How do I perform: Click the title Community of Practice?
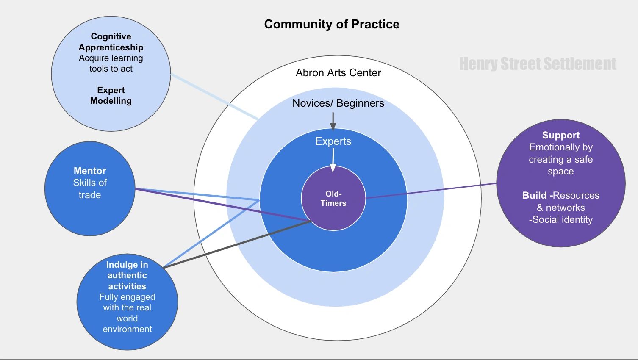tap(332, 25)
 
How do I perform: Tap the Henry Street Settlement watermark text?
tap(538, 64)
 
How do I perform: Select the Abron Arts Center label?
tap(338, 73)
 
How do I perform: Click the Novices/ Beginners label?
tap(338, 103)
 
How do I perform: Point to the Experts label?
tap(333, 141)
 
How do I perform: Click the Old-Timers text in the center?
tap(333, 199)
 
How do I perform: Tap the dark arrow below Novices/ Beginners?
tap(333, 122)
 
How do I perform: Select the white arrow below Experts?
tap(333, 161)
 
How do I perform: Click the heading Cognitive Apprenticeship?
tap(111, 42)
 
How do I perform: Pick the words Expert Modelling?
tap(111, 95)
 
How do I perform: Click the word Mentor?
tap(90, 171)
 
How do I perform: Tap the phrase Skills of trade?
tap(90, 188)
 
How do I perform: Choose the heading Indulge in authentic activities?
tap(127, 275)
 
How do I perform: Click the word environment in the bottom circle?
tap(127, 329)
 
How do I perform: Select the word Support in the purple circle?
tap(560, 135)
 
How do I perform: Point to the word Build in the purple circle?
tap(534, 195)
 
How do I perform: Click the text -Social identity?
tap(560, 219)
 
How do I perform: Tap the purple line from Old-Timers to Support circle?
tap(431, 191)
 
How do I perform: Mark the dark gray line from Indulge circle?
tap(237, 244)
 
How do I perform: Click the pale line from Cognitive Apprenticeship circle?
tap(214, 96)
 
